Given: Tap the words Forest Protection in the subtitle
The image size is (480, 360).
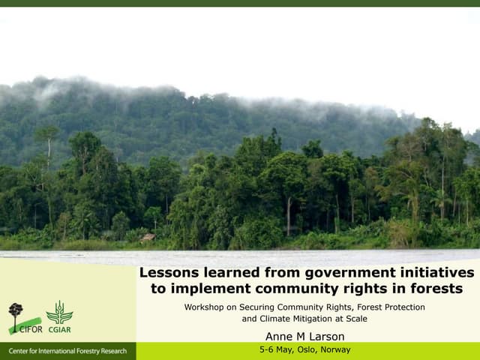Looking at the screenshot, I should click(x=390, y=307).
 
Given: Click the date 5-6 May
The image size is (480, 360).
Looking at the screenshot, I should click(x=275, y=349).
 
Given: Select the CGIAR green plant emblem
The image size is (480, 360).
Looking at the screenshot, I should click(x=59, y=311).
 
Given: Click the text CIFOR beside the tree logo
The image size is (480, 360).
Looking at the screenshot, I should click(x=31, y=327).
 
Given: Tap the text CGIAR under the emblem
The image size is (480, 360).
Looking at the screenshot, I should click(x=59, y=327).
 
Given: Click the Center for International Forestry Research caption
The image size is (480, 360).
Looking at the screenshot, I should click(x=67, y=351).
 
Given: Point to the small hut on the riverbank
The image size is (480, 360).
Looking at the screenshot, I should click(x=148, y=238).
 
